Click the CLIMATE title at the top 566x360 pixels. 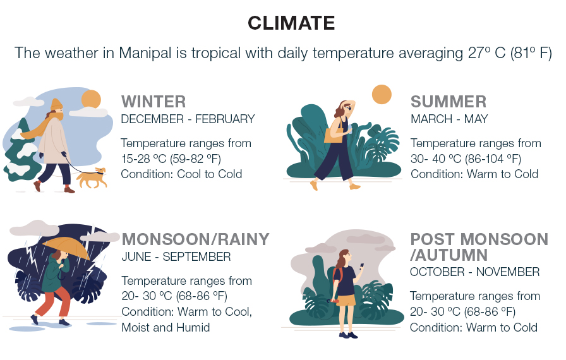(x=291, y=23)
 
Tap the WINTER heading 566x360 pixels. (x=154, y=102)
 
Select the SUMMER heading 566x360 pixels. (x=449, y=102)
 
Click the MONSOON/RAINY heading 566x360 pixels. (x=196, y=239)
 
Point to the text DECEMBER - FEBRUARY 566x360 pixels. (x=188, y=119)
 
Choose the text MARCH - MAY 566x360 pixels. (x=449, y=119)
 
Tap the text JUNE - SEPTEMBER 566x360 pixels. (x=176, y=257)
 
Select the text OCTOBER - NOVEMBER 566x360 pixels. (x=474, y=272)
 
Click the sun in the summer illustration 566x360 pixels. (x=382, y=95)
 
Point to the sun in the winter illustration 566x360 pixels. (x=91, y=99)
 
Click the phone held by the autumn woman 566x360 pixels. (x=361, y=266)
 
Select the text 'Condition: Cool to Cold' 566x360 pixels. (x=181, y=174)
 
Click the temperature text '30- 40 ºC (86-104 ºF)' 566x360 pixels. (x=466, y=159)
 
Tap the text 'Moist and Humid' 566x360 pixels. (x=166, y=327)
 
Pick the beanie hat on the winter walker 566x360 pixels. (x=57, y=104)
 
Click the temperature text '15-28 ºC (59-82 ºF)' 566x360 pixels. (x=171, y=159)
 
